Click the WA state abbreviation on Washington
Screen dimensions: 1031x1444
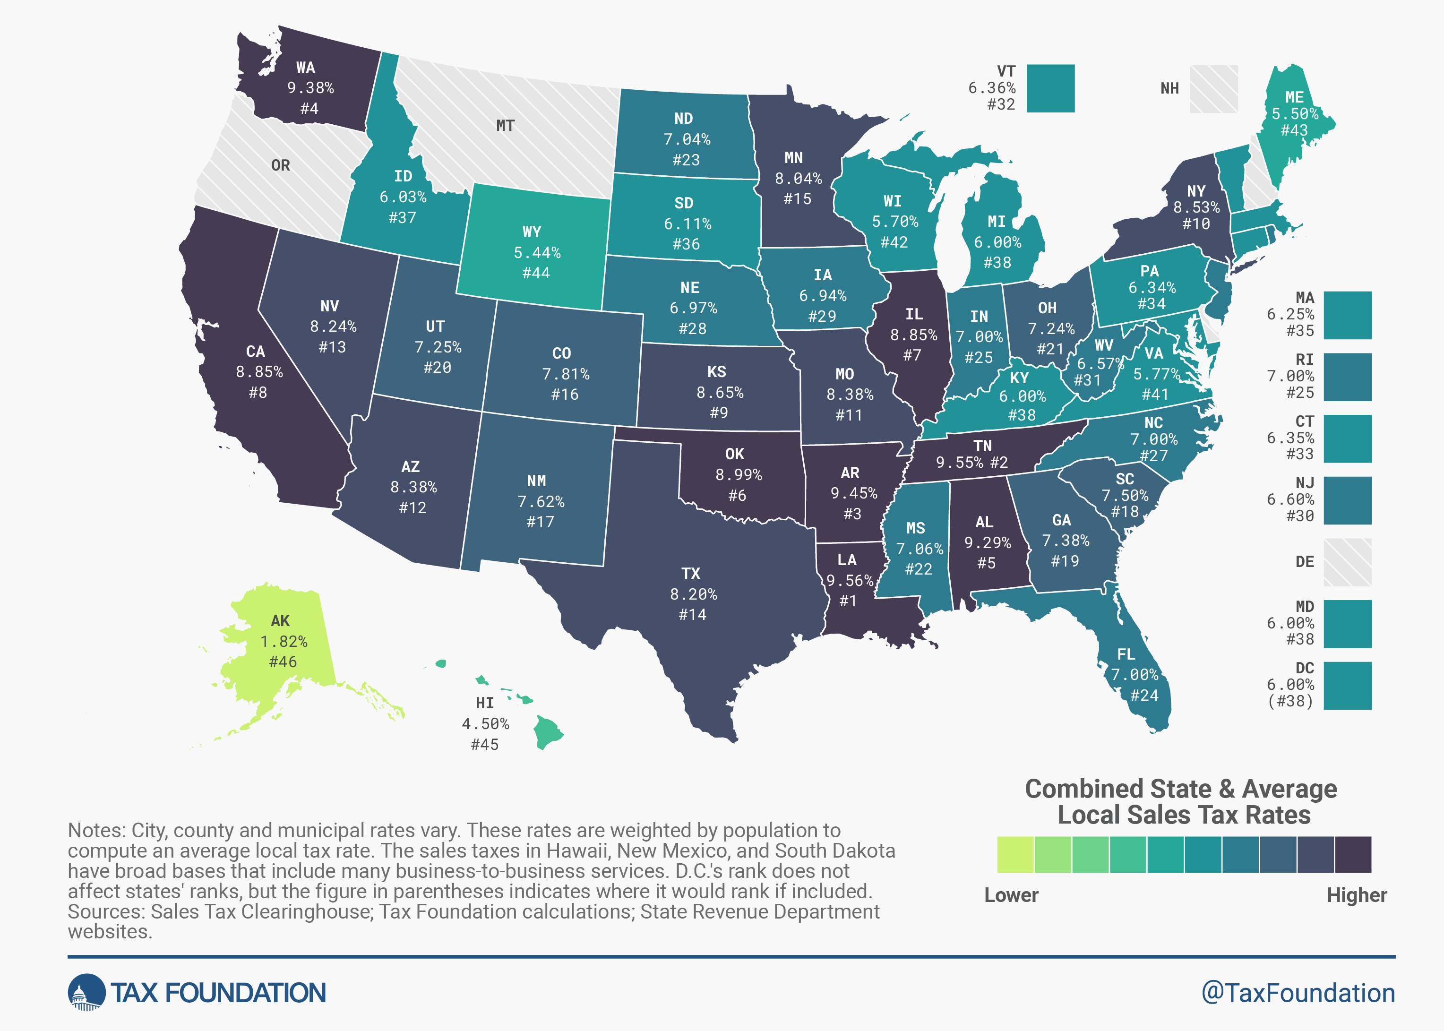pyautogui.click(x=305, y=67)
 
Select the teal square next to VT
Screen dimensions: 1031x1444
pyautogui.click(x=1050, y=88)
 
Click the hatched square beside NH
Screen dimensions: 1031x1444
pyautogui.click(x=1213, y=88)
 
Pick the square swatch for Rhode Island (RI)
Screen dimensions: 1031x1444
pyautogui.click(x=1348, y=377)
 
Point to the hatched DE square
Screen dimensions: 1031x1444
pyautogui.click(x=1348, y=562)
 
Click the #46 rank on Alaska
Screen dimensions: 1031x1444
pyautogui.click(x=283, y=662)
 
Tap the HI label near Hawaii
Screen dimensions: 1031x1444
pyautogui.click(x=485, y=703)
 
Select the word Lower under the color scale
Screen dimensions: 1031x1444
pyautogui.click(x=1011, y=895)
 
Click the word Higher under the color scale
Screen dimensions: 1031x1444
pyautogui.click(x=1357, y=895)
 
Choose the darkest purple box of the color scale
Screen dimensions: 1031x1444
pyautogui.click(x=1353, y=854)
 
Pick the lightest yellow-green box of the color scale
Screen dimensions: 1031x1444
pyautogui.click(x=1015, y=854)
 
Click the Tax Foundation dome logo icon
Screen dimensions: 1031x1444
pyautogui.click(x=86, y=992)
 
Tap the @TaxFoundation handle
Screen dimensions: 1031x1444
pyautogui.click(x=1298, y=993)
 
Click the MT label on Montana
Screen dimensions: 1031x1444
pyautogui.click(x=505, y=126)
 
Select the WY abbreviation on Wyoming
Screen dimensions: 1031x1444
pyautogui.click(x=532, y=232)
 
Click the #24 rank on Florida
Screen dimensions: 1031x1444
pyautogui.click(x=1144, y=695)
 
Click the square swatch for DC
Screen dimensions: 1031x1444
pyautogui.click(x=1348, y=686)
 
